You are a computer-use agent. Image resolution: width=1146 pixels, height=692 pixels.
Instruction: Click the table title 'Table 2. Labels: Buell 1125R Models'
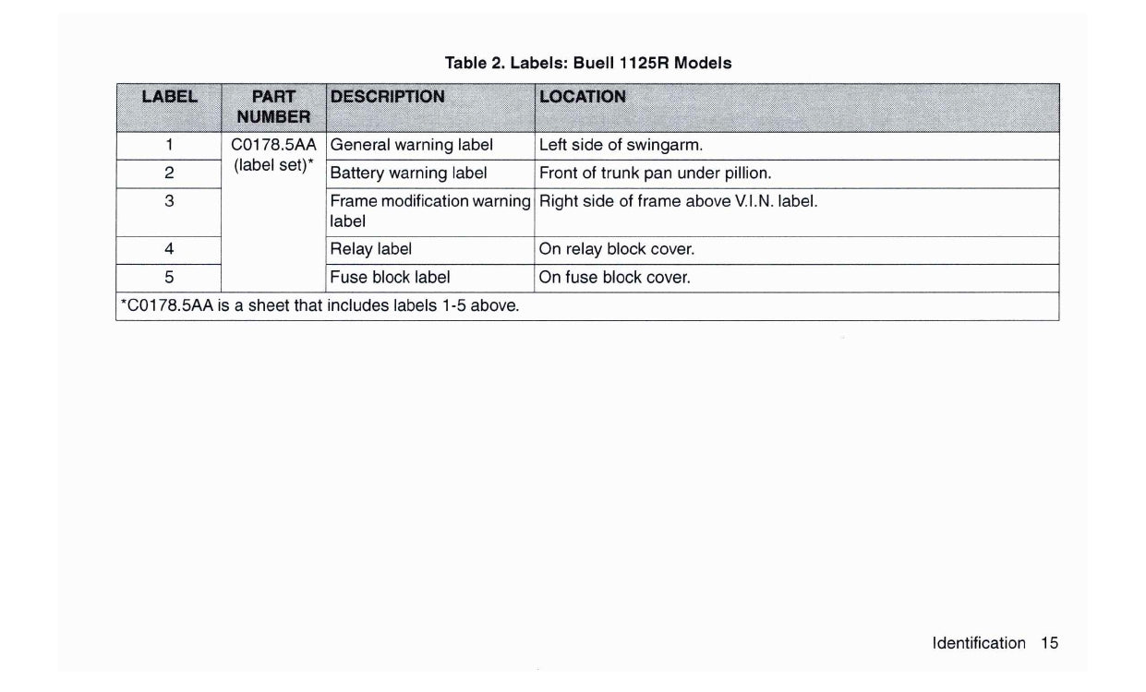[x=587, y=64]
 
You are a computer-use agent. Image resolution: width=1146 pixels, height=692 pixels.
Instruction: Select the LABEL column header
[x=169, y=96]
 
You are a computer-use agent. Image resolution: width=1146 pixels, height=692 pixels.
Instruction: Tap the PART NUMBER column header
[x=273, y=106]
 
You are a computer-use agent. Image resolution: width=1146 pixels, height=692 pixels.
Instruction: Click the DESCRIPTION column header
[x=387, y=96]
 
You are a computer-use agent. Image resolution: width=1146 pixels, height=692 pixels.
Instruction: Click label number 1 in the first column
[x=169, y=145]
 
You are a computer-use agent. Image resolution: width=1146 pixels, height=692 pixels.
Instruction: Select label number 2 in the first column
[x=169, y=173]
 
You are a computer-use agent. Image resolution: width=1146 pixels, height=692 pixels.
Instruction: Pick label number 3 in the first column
[x=169, y=201]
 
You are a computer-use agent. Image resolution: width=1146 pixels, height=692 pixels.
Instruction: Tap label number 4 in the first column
[x=169, y=249]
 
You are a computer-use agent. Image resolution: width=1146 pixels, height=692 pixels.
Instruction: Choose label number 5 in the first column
[x=169, y=278]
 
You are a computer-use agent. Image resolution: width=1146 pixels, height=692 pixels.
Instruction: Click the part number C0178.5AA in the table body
[x=273, y=145]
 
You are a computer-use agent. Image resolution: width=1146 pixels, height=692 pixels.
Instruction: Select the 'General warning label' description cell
[x=412, y=145]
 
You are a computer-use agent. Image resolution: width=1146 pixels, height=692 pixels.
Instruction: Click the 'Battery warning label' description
[x=408, y=173]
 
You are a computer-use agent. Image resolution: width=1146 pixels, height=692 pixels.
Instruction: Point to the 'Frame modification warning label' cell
[x=429, y=210]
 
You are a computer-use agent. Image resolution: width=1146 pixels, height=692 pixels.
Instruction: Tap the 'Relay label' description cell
[x=370, y=249]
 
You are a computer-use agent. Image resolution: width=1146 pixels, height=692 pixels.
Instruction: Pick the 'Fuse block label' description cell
[x=390, y=278]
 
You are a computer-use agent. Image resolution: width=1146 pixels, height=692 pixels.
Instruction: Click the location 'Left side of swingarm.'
[x=621, y=145]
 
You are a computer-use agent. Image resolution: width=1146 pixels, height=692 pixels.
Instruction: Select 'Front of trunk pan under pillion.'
[x=655, y=173]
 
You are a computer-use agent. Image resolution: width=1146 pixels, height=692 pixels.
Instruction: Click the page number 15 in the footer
[x=1049, y=643]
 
